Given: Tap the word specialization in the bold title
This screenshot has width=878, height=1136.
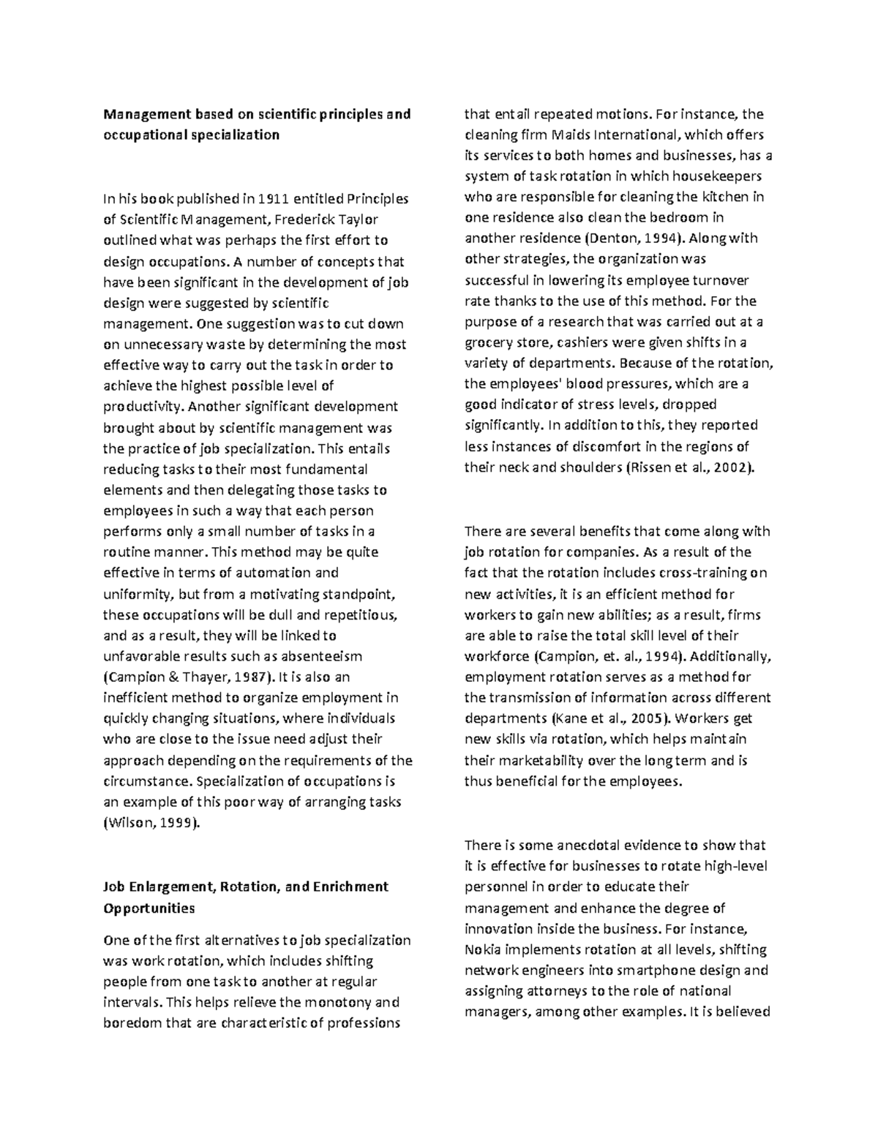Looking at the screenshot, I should pos(237,135).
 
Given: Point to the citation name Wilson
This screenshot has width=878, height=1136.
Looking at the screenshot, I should pos(126,823).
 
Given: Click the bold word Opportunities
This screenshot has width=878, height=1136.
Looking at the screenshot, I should pos(149,909).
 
